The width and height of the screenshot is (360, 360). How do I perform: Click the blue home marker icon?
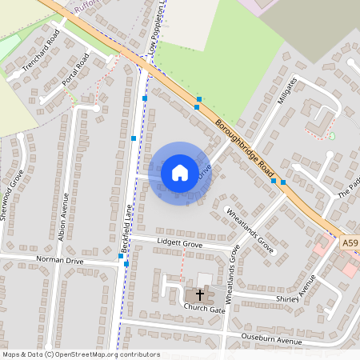click(x=180, y=172)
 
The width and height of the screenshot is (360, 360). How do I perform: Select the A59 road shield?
click(x=350, y=242)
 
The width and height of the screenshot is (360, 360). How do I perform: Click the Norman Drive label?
click(x=60, y=261)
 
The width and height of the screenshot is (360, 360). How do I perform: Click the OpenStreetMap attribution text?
click(x=81, y=354)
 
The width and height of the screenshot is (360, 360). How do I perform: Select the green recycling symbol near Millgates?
click(x=332, y=135)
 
